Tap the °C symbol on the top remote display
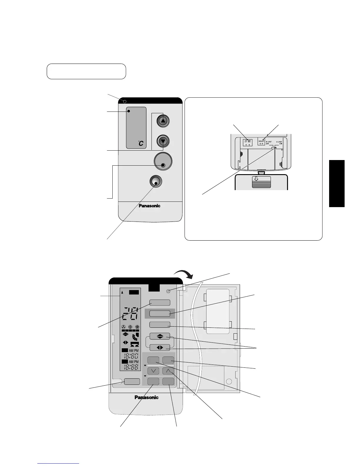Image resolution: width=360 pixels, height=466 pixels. tap(141, 143)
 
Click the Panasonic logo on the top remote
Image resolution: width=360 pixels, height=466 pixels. tap(149, 206)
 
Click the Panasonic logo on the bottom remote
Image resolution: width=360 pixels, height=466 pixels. tap(146, 397)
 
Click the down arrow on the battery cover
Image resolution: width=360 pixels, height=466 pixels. tap(256, 179)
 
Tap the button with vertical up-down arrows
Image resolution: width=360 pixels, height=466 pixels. tap(160, 336)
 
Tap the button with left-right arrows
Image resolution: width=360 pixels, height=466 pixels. tap(160, 347)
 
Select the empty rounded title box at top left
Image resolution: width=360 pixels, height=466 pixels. tap(86, 71)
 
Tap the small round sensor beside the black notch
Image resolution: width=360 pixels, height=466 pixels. tap(168, 291)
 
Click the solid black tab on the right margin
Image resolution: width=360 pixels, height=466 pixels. tap(337, 184)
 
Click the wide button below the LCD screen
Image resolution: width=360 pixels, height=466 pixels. tap(132, 381)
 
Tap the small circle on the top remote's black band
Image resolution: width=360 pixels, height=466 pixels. tap(125, 101)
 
